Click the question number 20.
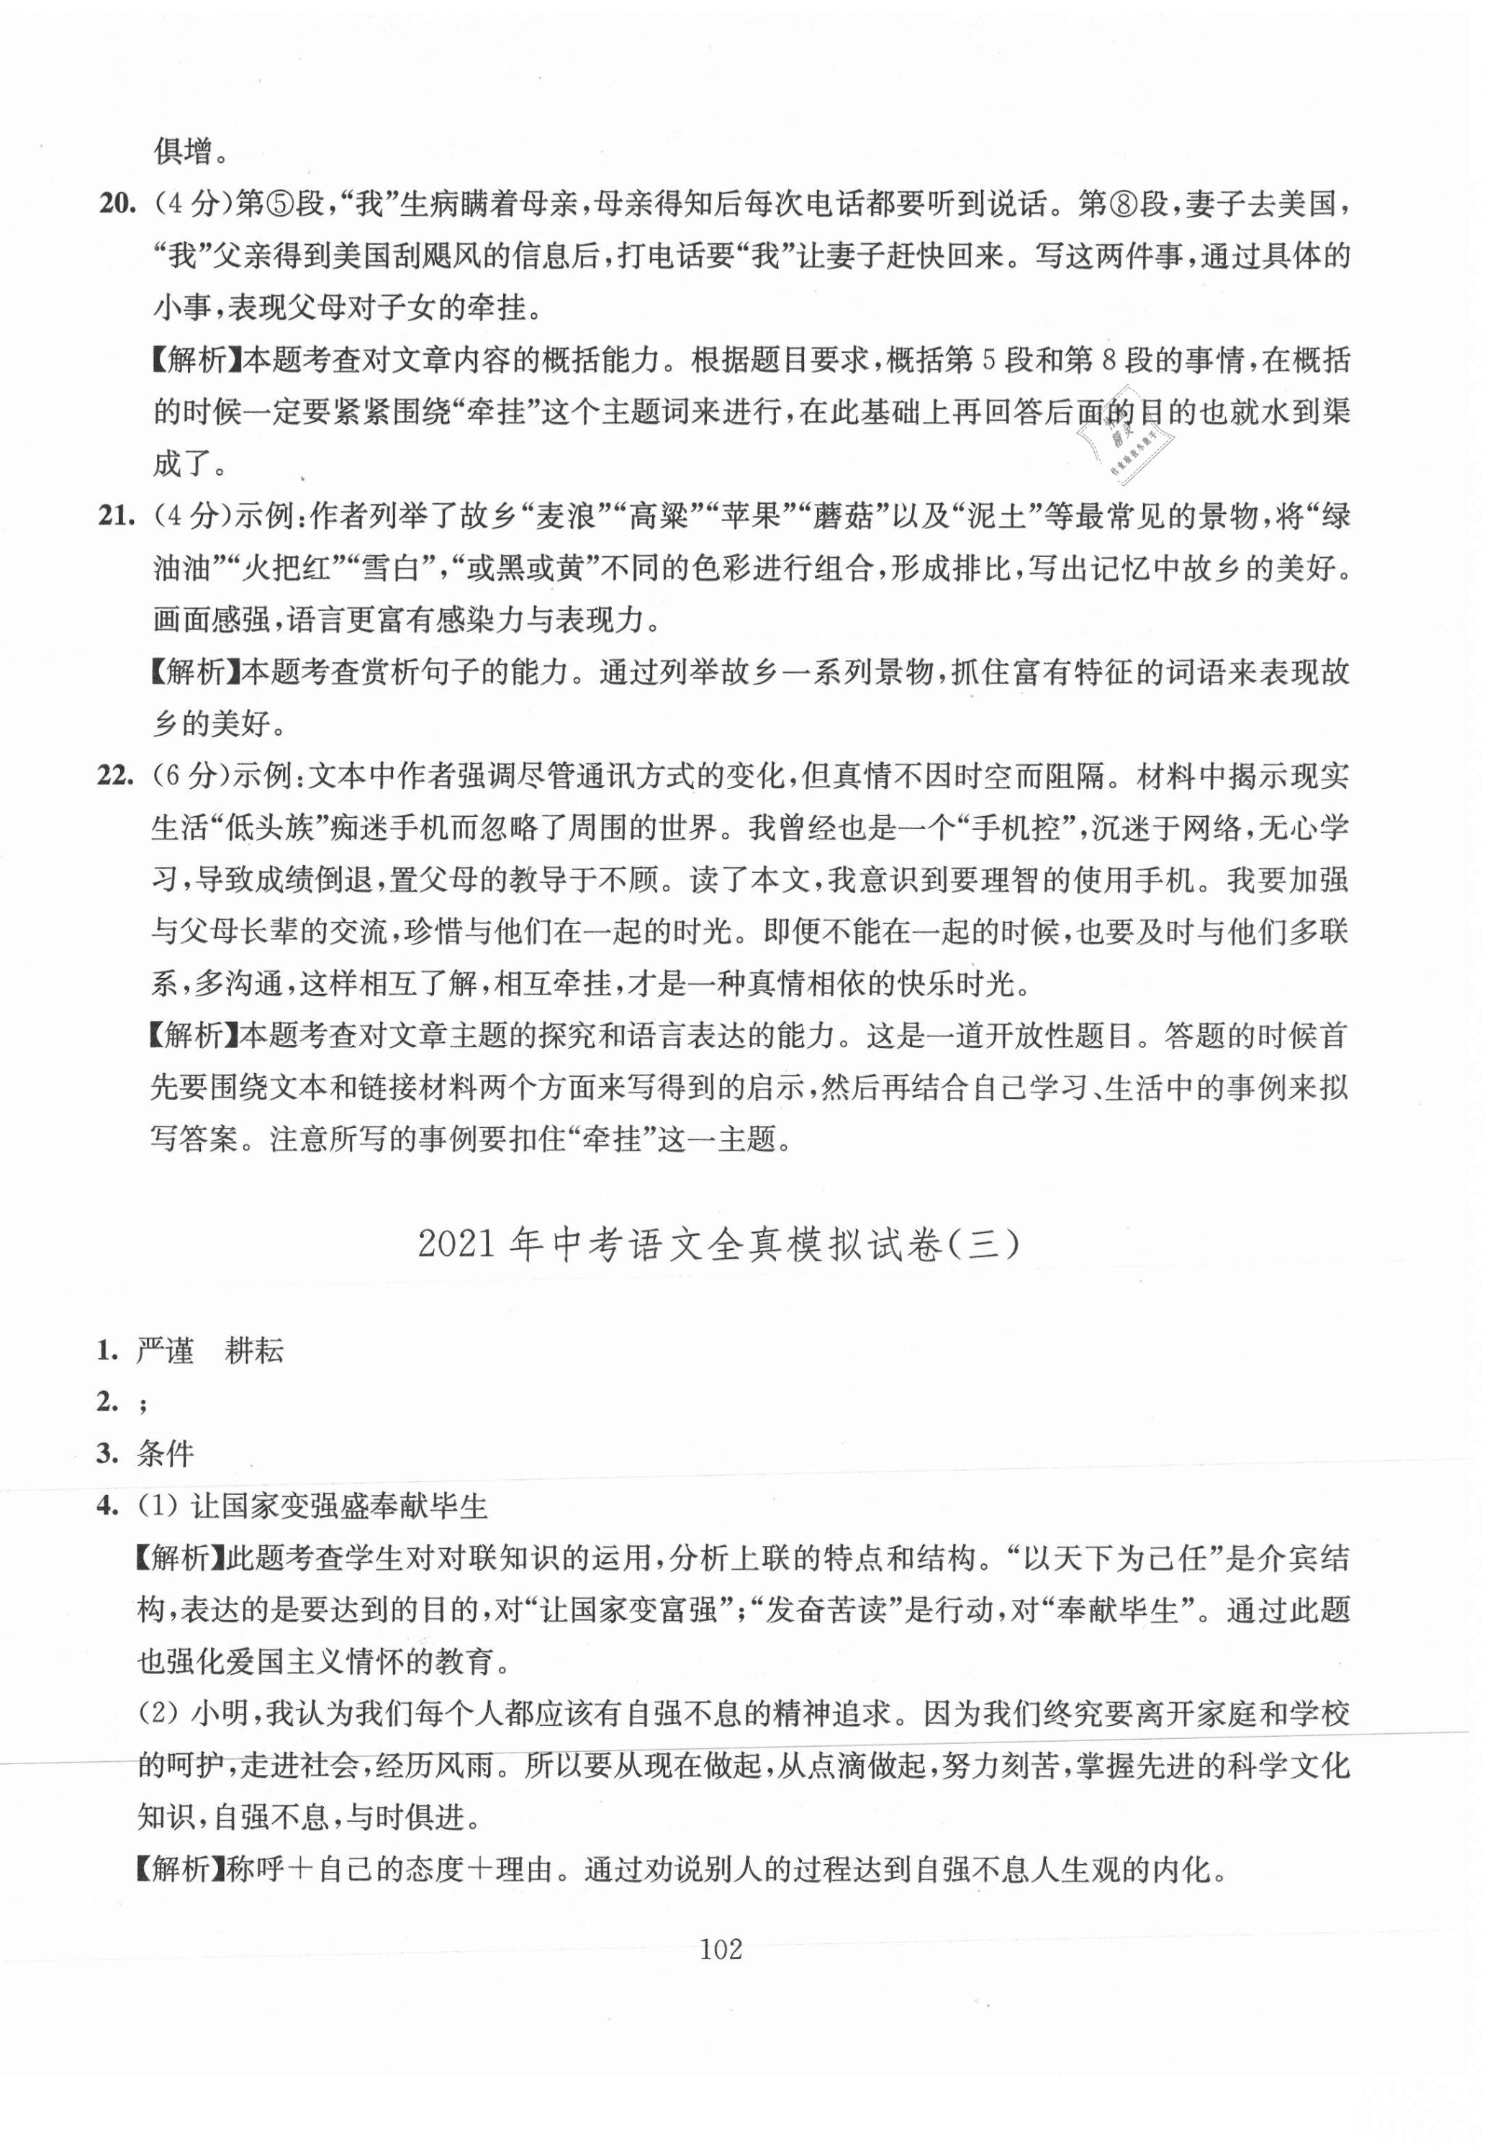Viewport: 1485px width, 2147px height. coord(117,203)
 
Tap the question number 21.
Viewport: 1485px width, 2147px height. coord(117,515)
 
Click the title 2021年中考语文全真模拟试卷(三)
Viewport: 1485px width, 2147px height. coord(719,1244)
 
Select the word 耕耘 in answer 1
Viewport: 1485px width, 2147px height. coord(255,1351)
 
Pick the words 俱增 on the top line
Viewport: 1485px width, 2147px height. coord(184,150)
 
